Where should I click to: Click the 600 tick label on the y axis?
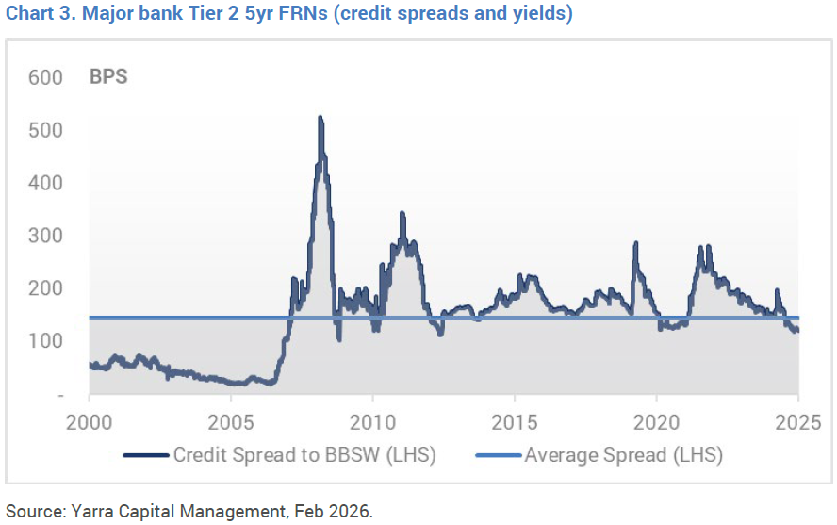tap(45, 77)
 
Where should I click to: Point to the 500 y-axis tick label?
tap(45, 130)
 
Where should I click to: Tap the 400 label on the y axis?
tap(45, 183)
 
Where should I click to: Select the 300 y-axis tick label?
tap(45, 236)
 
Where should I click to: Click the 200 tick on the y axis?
tap(45, 288)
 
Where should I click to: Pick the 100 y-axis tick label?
tap(45, 341)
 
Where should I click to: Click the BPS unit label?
tap(108, 77)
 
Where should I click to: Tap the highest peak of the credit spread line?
tap(320, 118)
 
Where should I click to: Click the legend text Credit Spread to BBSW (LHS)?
tap(304, 455)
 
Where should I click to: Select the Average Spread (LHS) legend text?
tap(623, 455)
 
